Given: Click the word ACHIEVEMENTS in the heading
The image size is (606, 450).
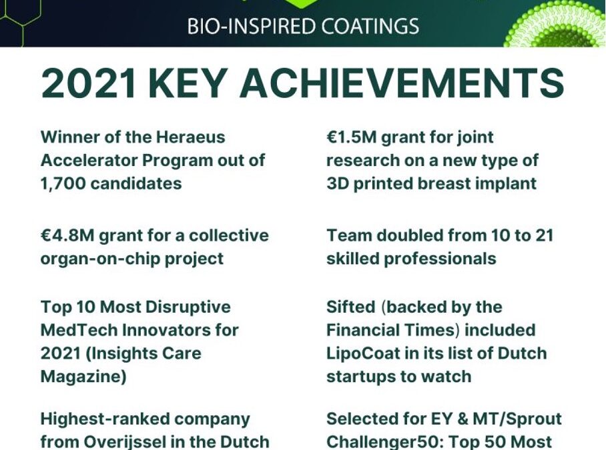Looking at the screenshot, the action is (x=402, y=83).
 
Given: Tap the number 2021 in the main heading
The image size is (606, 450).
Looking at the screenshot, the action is (x=89, y=83).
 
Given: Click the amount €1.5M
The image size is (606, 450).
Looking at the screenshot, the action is (x=351, y=137).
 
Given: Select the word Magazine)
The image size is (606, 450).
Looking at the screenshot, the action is (x=83, y=377).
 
